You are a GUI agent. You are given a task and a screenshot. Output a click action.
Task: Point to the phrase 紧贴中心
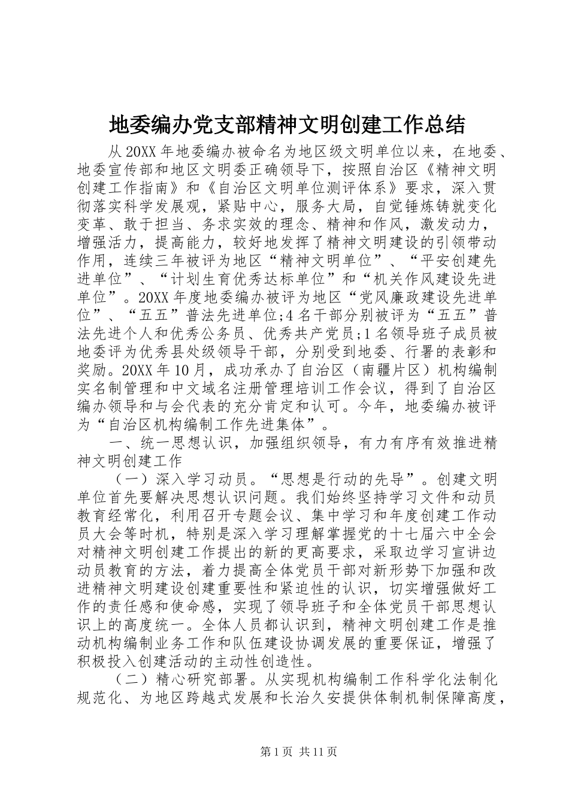tap(252, 207)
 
